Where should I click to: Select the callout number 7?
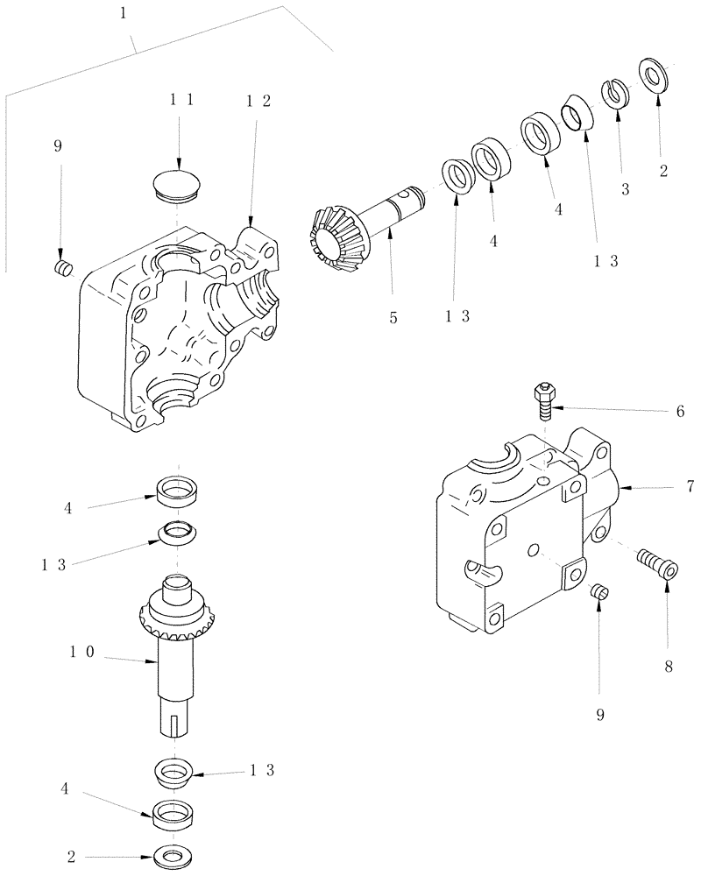[690, 484]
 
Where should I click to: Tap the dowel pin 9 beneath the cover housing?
[599, 593]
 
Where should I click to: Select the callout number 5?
[393, 317]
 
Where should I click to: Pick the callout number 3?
[625, 189]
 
